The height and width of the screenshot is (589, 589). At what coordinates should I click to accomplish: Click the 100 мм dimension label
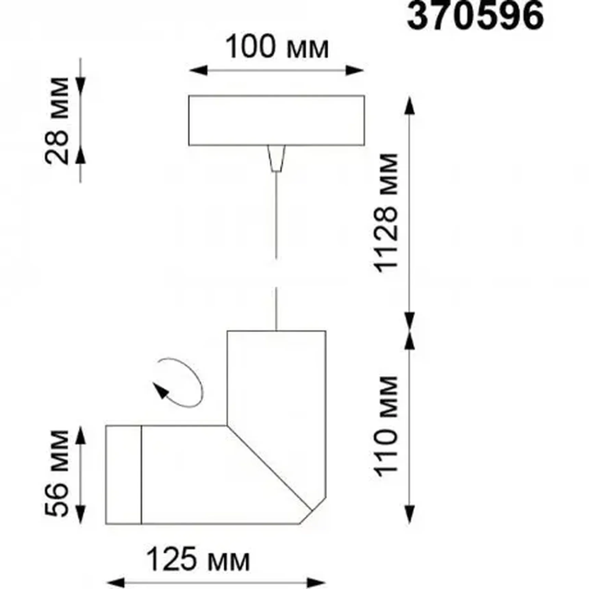(277, 47)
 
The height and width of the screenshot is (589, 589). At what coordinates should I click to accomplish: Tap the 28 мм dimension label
(57, 121)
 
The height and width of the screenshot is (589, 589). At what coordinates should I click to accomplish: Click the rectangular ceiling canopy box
(276, 121)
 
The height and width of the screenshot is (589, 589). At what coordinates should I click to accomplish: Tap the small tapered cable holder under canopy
(276, 158)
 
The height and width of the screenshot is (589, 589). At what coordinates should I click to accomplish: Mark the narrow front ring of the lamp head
(124, 475)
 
